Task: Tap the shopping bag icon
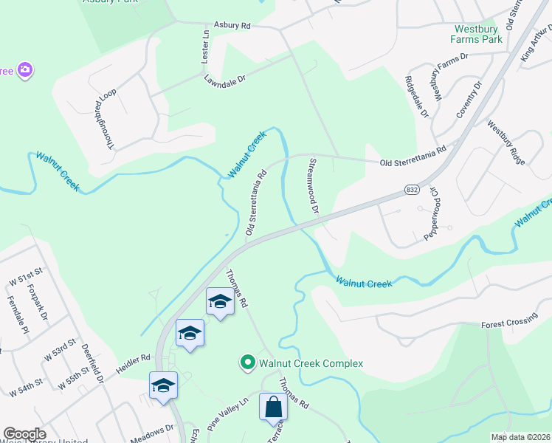click(273, 407)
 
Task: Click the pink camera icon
click(25, 70)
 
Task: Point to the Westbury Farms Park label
click(478, 34)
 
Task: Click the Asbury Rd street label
click(232, 25)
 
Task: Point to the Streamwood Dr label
click(313, 185)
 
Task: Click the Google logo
click(24, 434)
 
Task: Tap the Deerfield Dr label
click(92, 366)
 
